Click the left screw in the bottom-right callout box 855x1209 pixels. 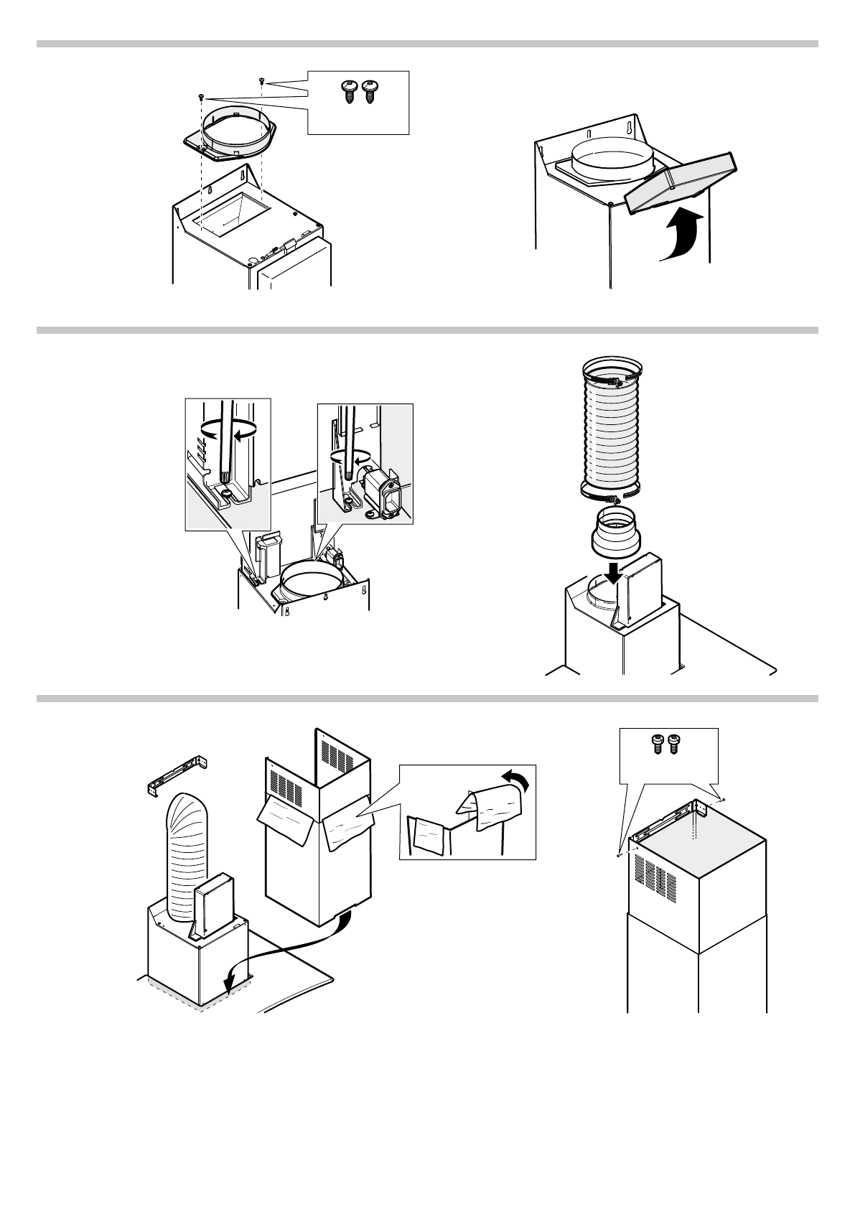pos(656,745)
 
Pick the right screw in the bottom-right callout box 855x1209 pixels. pos(673,745)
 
